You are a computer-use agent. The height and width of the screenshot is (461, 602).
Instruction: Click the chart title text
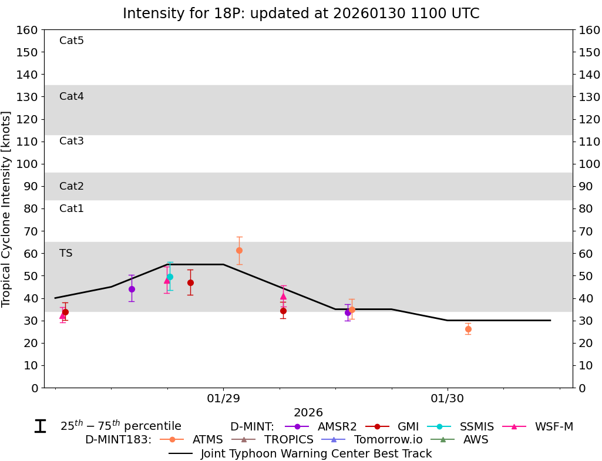tap(301, 13)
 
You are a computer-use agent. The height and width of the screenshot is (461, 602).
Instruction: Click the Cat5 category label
tap(72, 41)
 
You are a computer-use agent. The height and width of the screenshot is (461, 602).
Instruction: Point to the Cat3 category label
tap(72, 141)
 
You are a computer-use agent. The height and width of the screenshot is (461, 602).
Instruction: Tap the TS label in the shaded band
tap(66, 253)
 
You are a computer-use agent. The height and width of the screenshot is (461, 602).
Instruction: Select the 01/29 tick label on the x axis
tap(223, 399)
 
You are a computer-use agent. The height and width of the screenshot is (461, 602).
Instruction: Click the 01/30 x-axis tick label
tap(448, 399)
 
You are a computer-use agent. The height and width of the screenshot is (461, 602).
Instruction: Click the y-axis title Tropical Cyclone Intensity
tap(6, 208)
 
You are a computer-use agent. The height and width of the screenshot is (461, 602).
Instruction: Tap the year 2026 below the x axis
tap(308, 413)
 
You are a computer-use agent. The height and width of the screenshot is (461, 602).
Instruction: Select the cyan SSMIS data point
tap(170, 277)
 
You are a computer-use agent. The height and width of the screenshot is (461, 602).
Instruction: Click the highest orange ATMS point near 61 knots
tap(239, 250)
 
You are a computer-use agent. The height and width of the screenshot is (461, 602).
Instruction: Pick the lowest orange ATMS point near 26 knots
tap(468, 329)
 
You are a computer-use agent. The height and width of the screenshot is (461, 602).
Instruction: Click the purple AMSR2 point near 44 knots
tap(132, 289)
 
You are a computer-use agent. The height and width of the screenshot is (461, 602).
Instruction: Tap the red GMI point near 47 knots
tap(190, 282)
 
